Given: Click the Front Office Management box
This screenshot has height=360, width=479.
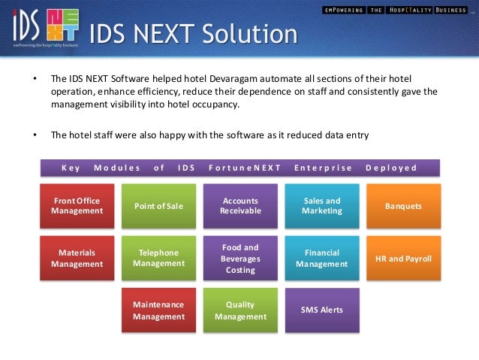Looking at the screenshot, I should [77, 206].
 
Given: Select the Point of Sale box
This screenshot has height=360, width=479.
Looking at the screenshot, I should [158, 206].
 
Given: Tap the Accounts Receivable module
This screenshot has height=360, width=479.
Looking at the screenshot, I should [240, 206].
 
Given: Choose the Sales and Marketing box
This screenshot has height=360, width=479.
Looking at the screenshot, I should [321, 206].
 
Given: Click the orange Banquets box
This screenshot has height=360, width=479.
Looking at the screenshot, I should [403, 206].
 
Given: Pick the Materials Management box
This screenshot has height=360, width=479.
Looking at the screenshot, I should [77, 258].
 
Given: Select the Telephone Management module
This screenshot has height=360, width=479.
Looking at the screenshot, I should [158, 258].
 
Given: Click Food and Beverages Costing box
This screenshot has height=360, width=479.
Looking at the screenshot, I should [240, 258].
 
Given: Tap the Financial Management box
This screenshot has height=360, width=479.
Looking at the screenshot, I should [321, 258].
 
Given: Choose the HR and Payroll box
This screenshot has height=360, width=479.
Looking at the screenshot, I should [403, 258].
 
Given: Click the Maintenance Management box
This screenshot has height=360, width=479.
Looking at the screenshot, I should [158, 310].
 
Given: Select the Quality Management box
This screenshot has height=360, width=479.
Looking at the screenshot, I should [240, 310].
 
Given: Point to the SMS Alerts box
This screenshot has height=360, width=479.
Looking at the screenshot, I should [321, 310].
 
